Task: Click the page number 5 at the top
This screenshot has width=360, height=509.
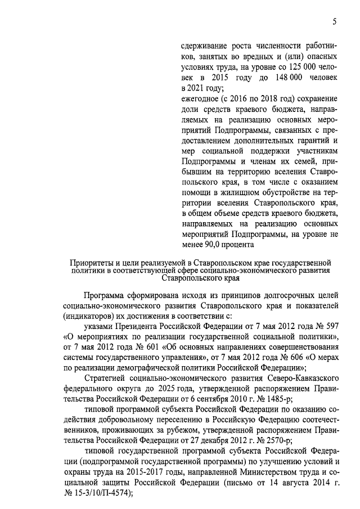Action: tap(334, 22)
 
